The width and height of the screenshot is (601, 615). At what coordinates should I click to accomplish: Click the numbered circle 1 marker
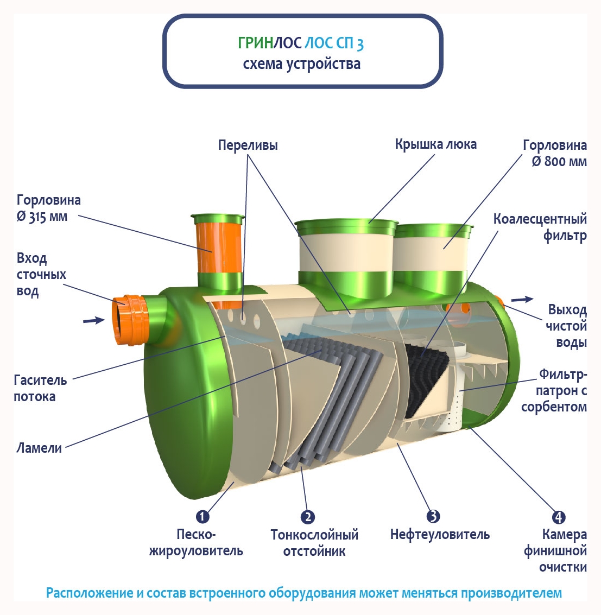coord(202,516)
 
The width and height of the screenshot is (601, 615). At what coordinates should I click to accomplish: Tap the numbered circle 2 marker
coord(307,517)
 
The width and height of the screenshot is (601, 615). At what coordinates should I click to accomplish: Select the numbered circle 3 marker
coord(433,516)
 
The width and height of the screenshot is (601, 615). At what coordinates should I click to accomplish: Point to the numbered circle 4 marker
coord(558,517)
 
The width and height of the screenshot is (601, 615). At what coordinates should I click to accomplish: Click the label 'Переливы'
coord(248,145)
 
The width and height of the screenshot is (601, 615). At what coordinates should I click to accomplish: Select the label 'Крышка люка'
coord(435,144)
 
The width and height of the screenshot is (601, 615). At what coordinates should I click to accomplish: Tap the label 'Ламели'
coord(39,448)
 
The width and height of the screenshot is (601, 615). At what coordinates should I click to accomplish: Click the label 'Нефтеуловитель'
coord(440,535)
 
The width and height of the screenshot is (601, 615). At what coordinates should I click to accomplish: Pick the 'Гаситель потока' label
coord(40,388)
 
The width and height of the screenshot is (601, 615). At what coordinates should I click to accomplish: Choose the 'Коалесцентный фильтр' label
coord(540,227)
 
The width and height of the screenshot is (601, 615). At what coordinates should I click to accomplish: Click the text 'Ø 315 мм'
coord(42,217)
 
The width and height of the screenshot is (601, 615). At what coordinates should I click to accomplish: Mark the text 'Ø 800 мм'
coord(559,162)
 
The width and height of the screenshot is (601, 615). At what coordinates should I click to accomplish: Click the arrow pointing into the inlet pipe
coord(93,320)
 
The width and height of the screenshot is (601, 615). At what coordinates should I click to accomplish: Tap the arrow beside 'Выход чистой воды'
coord(522,299)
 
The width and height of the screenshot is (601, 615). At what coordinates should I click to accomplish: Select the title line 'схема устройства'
coord(301,64)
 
